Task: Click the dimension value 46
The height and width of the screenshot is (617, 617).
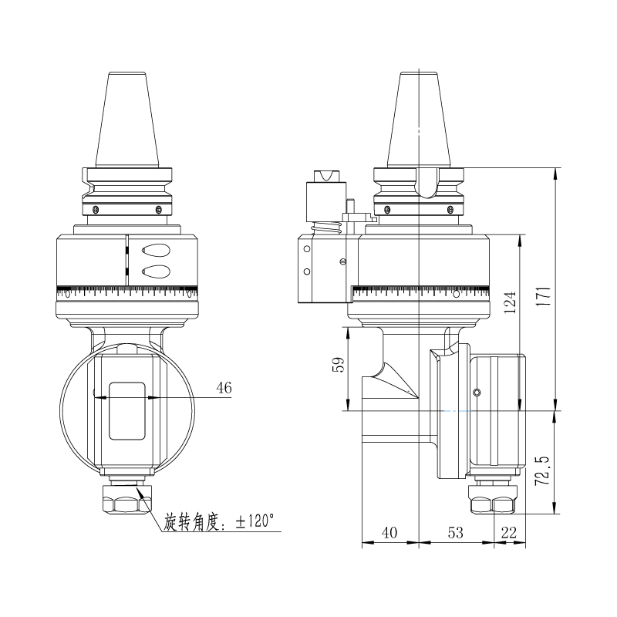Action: (x=224, y=388)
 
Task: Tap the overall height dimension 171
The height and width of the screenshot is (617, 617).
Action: (x=545, y=296)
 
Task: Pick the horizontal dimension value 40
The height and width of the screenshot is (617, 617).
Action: (x=389, y=532)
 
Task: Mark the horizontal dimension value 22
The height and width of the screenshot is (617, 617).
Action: (x=510, y=532)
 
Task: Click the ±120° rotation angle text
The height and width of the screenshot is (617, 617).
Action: (x=220, y=522)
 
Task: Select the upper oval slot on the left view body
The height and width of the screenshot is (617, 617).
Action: (x=155, y=250)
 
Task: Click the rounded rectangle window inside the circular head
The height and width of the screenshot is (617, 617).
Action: (x=126, y=410)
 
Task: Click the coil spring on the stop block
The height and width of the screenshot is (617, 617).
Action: (x=328, y=230)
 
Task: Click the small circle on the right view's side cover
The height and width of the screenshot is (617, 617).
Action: (x=477, y=393)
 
